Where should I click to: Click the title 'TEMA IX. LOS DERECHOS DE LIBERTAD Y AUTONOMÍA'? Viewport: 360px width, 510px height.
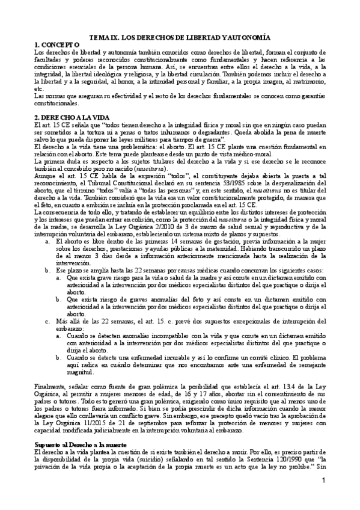point(180,37)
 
